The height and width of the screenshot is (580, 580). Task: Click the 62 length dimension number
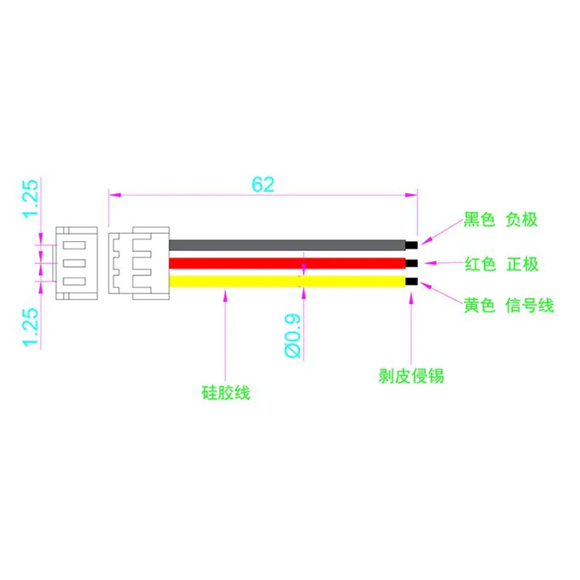263,184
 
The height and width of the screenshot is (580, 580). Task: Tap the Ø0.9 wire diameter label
292,336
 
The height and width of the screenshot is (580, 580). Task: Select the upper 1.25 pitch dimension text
31,199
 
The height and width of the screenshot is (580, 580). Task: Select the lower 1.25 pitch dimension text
31,327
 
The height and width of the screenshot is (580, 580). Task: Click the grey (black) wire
287,245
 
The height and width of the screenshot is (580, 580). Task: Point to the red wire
287,263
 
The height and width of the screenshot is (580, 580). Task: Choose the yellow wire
287,282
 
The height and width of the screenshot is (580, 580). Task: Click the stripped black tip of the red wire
411,263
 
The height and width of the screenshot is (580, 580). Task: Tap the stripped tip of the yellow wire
411,282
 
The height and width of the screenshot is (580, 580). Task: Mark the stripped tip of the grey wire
411,245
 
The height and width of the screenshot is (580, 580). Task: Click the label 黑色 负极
500,220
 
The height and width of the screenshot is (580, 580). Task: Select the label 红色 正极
501,264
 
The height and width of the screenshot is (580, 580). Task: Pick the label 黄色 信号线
509,306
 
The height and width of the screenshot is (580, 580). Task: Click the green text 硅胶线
226,393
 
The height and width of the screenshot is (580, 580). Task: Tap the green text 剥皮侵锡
411,376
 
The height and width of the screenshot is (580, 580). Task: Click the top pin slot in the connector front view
75,245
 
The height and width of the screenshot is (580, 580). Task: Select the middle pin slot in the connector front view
75,263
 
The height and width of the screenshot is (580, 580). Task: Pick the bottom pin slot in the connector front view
75,282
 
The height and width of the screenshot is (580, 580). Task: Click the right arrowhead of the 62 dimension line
412,195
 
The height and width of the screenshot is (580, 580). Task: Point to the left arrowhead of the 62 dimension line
114,195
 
